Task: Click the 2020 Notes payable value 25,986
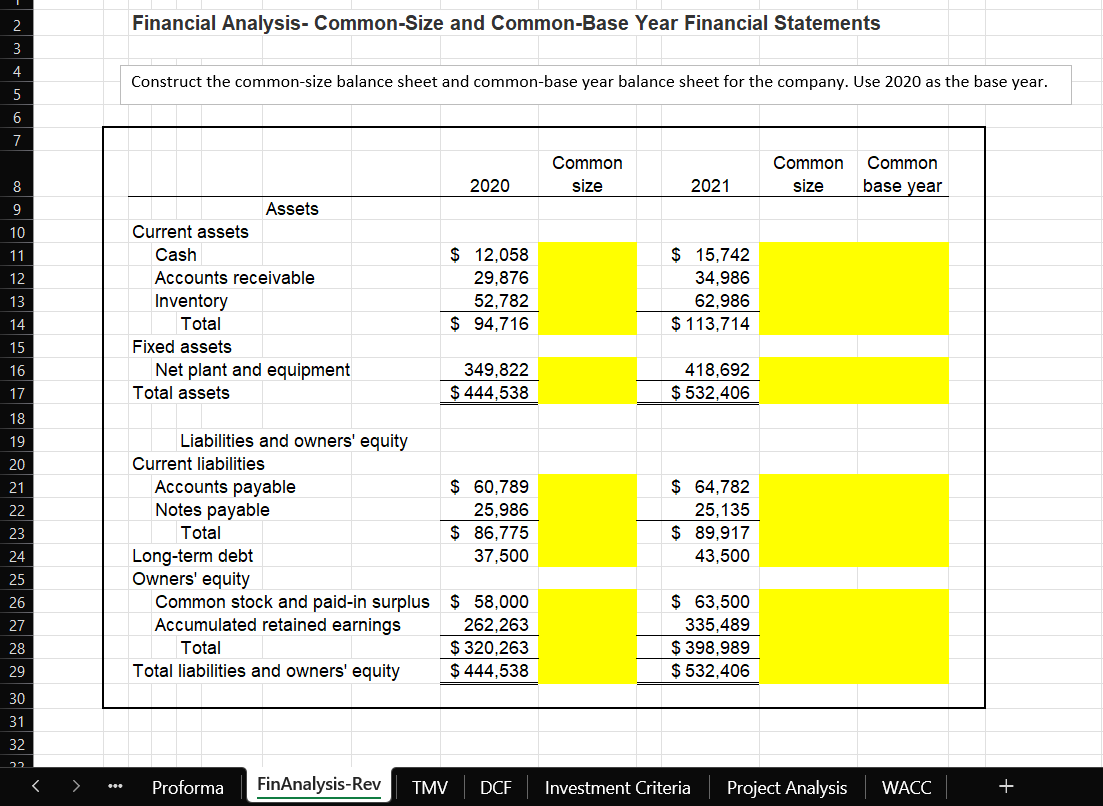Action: (500, 510)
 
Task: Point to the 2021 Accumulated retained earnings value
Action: (712, 625)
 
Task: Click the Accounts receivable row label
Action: (234, 278)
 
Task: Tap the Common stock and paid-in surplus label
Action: (292, 602)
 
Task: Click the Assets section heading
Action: (292, 209)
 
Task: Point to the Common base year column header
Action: (902, 174)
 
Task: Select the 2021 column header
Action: (710, 186)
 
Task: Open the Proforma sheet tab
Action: (187, 788)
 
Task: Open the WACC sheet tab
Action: (907, 788)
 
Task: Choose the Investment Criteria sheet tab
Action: (617, 788)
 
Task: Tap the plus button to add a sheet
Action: (1006, 787)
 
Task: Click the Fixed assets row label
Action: (182, 347)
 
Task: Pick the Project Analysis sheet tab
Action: (787, 788)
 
